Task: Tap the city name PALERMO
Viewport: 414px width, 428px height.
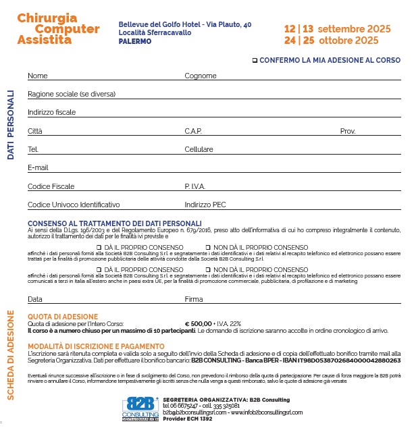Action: [x=134, y=42]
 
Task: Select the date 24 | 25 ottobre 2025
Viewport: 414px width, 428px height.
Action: [x=331, y=41]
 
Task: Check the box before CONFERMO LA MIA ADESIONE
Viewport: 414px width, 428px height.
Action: [x=255, y=60]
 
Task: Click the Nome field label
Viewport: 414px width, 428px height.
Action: [x=38, y=76]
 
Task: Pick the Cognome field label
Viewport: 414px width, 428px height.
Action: [x=200, y=76]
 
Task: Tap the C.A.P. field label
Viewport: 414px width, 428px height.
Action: [x=193, y=131]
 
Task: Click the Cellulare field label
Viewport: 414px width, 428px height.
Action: [x=199, y=149]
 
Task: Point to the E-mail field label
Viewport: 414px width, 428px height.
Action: [x=38, y=167]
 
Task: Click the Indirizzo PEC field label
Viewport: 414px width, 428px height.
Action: [x=205, y=205]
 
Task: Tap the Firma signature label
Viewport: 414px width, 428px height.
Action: [x=194, y=298]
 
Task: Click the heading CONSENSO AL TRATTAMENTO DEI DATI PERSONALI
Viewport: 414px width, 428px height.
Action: [x=115, y=223]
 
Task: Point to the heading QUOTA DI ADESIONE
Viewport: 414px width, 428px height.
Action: [x=62, y=316]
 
